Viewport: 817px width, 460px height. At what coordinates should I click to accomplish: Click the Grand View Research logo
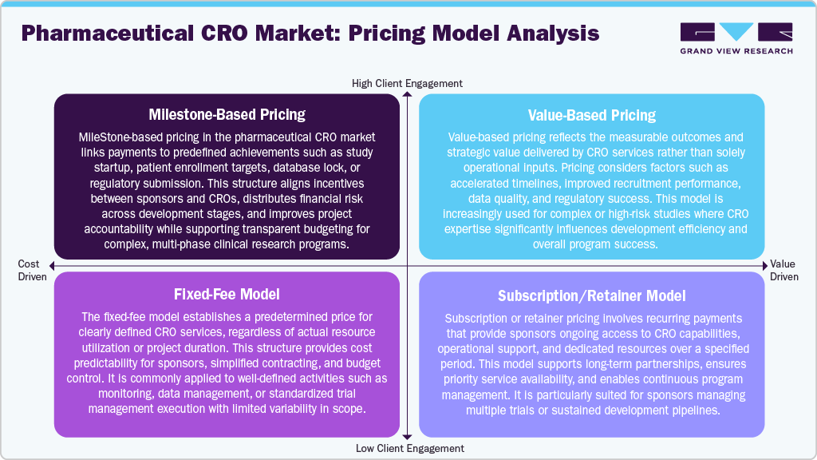pos(736,38)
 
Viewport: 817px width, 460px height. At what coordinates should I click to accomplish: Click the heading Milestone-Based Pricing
pos(227,115)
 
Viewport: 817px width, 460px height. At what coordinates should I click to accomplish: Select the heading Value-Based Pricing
pos(591,115)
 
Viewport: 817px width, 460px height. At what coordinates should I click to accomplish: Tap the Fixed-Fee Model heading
pos(227,294)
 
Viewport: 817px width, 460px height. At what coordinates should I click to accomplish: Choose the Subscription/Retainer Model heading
pos(591,296)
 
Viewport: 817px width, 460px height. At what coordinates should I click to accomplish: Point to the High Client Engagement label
pos(407,83)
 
